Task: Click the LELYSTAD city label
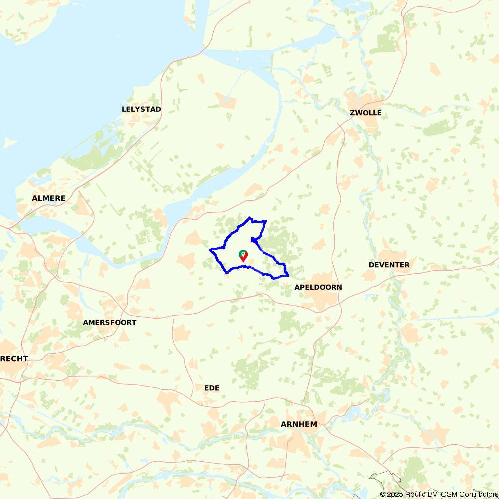141,109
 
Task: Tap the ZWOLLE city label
366,113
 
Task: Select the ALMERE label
49,198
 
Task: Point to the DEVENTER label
389,265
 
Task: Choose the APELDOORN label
318,287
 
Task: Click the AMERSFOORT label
110,323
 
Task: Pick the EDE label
212,388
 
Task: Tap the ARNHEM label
299,424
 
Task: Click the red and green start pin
243,256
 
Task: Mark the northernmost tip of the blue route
249,218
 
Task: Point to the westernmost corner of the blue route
211,249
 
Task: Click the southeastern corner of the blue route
288,275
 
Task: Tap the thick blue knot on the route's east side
254,240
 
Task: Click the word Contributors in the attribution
477,494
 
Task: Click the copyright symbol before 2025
383,494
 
